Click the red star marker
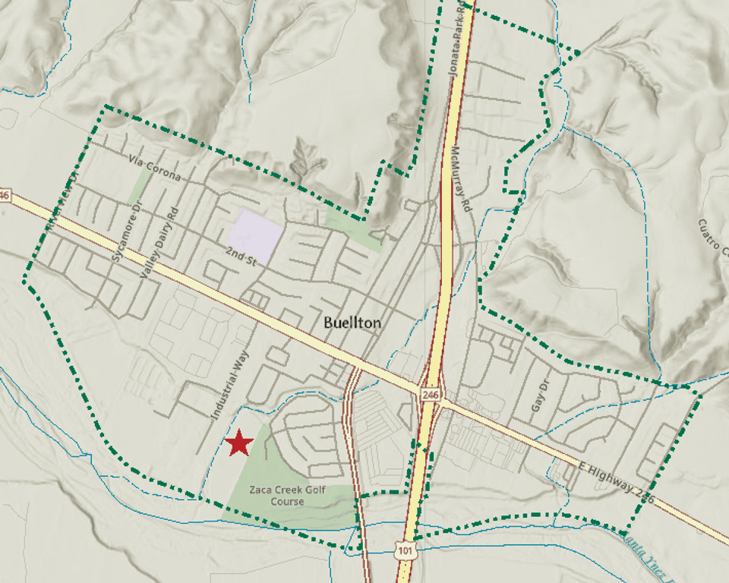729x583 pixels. tap(238, 443)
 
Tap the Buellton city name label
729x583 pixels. tap(352, 323)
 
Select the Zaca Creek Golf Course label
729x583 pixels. tap(287, 496)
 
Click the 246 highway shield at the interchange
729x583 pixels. tap(431, 395)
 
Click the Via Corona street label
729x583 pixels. tap(155, 169)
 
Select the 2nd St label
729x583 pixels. tap(242, 256)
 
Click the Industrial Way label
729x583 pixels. tap(230, 385)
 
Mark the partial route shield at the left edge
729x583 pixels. tap(4, 195)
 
